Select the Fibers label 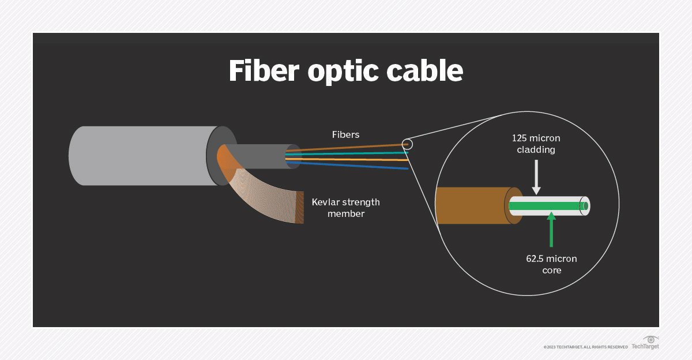click(345, 134)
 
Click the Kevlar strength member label click(345, 208)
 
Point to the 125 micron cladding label click(536, 144)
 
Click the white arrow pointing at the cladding click(537, 179)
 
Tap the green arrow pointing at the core click(551, 228)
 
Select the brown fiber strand click(352, 148)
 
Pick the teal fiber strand click(352, 153)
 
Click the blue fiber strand click(352, 165)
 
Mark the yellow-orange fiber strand click(352, 159)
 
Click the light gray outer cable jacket click(138, 156)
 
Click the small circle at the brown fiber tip click(408, 144)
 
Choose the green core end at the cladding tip click(585, 206)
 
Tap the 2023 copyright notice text click(585, 347)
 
